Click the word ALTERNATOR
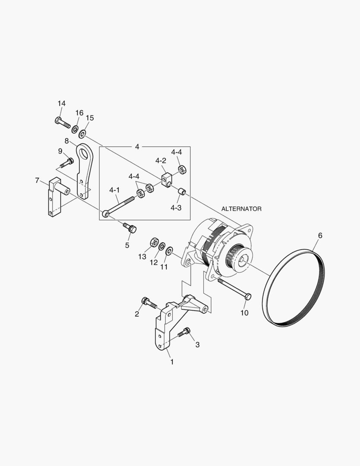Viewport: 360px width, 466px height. click(241, 209)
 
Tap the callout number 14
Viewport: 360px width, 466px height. click(62, 104)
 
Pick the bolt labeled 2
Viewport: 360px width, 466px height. click(150, 302)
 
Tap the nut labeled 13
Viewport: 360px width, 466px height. click(153, 242)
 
